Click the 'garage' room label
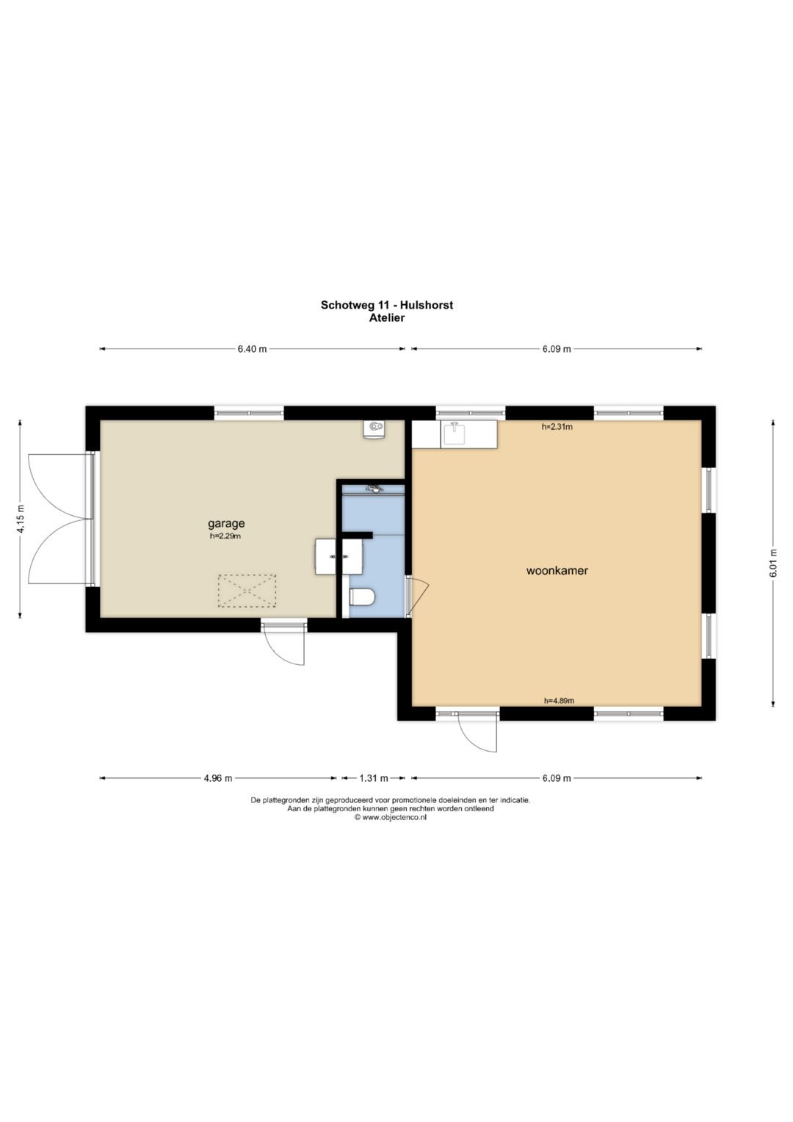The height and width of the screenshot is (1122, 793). (226, 524)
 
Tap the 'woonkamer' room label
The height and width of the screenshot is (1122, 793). (557, 570)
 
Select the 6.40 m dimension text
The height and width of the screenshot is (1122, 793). (252, 349)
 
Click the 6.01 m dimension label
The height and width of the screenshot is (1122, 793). (773, 564)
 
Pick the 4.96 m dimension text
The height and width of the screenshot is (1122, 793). (218, 778)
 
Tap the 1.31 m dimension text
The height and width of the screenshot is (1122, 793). (374, 778)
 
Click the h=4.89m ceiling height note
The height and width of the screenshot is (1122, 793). (559, 701)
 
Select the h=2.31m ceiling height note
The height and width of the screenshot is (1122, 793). (557, 427)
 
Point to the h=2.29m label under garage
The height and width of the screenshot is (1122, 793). (226, 536)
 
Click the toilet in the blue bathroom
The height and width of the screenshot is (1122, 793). (362, 597)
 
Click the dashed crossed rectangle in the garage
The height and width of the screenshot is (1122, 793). (247, 591)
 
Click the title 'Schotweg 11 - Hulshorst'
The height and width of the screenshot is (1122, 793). (386, 305)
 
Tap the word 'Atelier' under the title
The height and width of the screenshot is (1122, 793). (386, 317)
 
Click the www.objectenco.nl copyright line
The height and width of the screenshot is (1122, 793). (390, 817)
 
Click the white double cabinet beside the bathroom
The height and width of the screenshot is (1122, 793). (338, 556)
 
